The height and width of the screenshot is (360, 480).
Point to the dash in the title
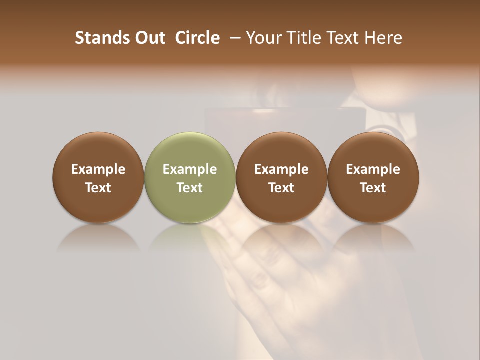coord(233,38)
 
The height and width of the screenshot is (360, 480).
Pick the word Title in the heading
coord(301,38)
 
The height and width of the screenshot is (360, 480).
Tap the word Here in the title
coord(382,38)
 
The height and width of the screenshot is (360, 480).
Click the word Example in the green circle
coord(190,169)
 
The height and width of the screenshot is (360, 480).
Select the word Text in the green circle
coord(190,188)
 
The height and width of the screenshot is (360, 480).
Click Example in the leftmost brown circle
coord(98,169)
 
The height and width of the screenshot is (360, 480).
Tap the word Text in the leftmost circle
coord(98,188)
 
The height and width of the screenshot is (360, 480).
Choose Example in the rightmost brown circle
coord(373,169)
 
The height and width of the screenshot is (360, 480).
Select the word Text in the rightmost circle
coord(373,188)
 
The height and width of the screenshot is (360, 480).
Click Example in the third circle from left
coord(281,169)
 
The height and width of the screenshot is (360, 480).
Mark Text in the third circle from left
coord(281,188)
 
